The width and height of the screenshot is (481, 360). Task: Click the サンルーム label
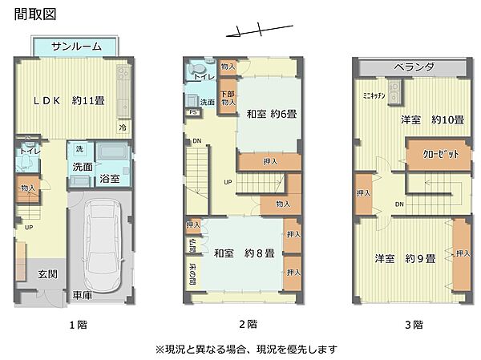76,47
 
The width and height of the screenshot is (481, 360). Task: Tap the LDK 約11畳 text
69,102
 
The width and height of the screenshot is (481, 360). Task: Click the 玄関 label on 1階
46,274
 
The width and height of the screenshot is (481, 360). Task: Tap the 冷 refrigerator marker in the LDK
123,127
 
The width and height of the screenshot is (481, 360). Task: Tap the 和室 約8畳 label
245,254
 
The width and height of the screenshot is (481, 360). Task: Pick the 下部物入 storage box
228,97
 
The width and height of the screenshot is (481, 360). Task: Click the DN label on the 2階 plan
197,141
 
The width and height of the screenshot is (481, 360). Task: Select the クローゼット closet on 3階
435,155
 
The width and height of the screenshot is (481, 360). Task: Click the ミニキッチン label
374,95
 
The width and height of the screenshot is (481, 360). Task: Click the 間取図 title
24,14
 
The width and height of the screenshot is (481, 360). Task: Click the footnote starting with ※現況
245,350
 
